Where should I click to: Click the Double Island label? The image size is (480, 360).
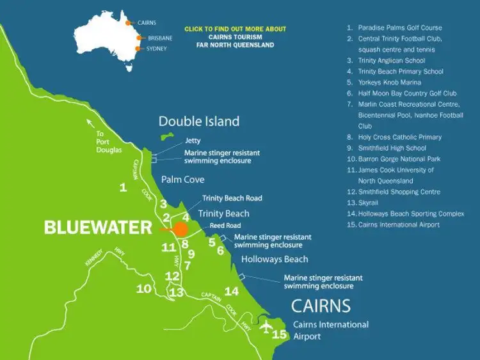pyautogui.click(x=199, y=121)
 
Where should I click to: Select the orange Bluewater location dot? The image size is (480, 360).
pyautogui.click(x=181, y=228)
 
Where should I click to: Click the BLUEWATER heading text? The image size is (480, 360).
pyautogui.click(x=98, y=228)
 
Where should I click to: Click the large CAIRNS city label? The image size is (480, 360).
pyautogui.click(x=321, y=305)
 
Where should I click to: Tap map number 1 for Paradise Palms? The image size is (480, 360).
pyautogui.click(x=123, y=187)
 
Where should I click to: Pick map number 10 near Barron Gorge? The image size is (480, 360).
pyautogui.click(x=144, y=289)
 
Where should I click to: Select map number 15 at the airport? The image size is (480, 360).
pyautogui.click(x=280, y=334)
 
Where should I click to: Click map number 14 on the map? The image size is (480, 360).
pyautogui.click(x=231, y=291)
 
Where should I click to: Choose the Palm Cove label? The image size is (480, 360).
pyautogui.click(x=183, y=180)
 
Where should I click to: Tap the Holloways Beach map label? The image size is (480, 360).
pyautogui.click(x=275, y=259)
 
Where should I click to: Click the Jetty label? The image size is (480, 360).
pyautogui.click(x=193, y=141)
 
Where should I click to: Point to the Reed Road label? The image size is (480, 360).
pyautogui.click(x=225, y=226)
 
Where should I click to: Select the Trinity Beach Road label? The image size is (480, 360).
pyautogui.click(x=232, y=198)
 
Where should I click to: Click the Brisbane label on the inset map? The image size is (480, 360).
pyautogui.click(x=160, y=38)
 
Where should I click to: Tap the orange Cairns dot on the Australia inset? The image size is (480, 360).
pyautogui.click(x=129, y=22)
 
